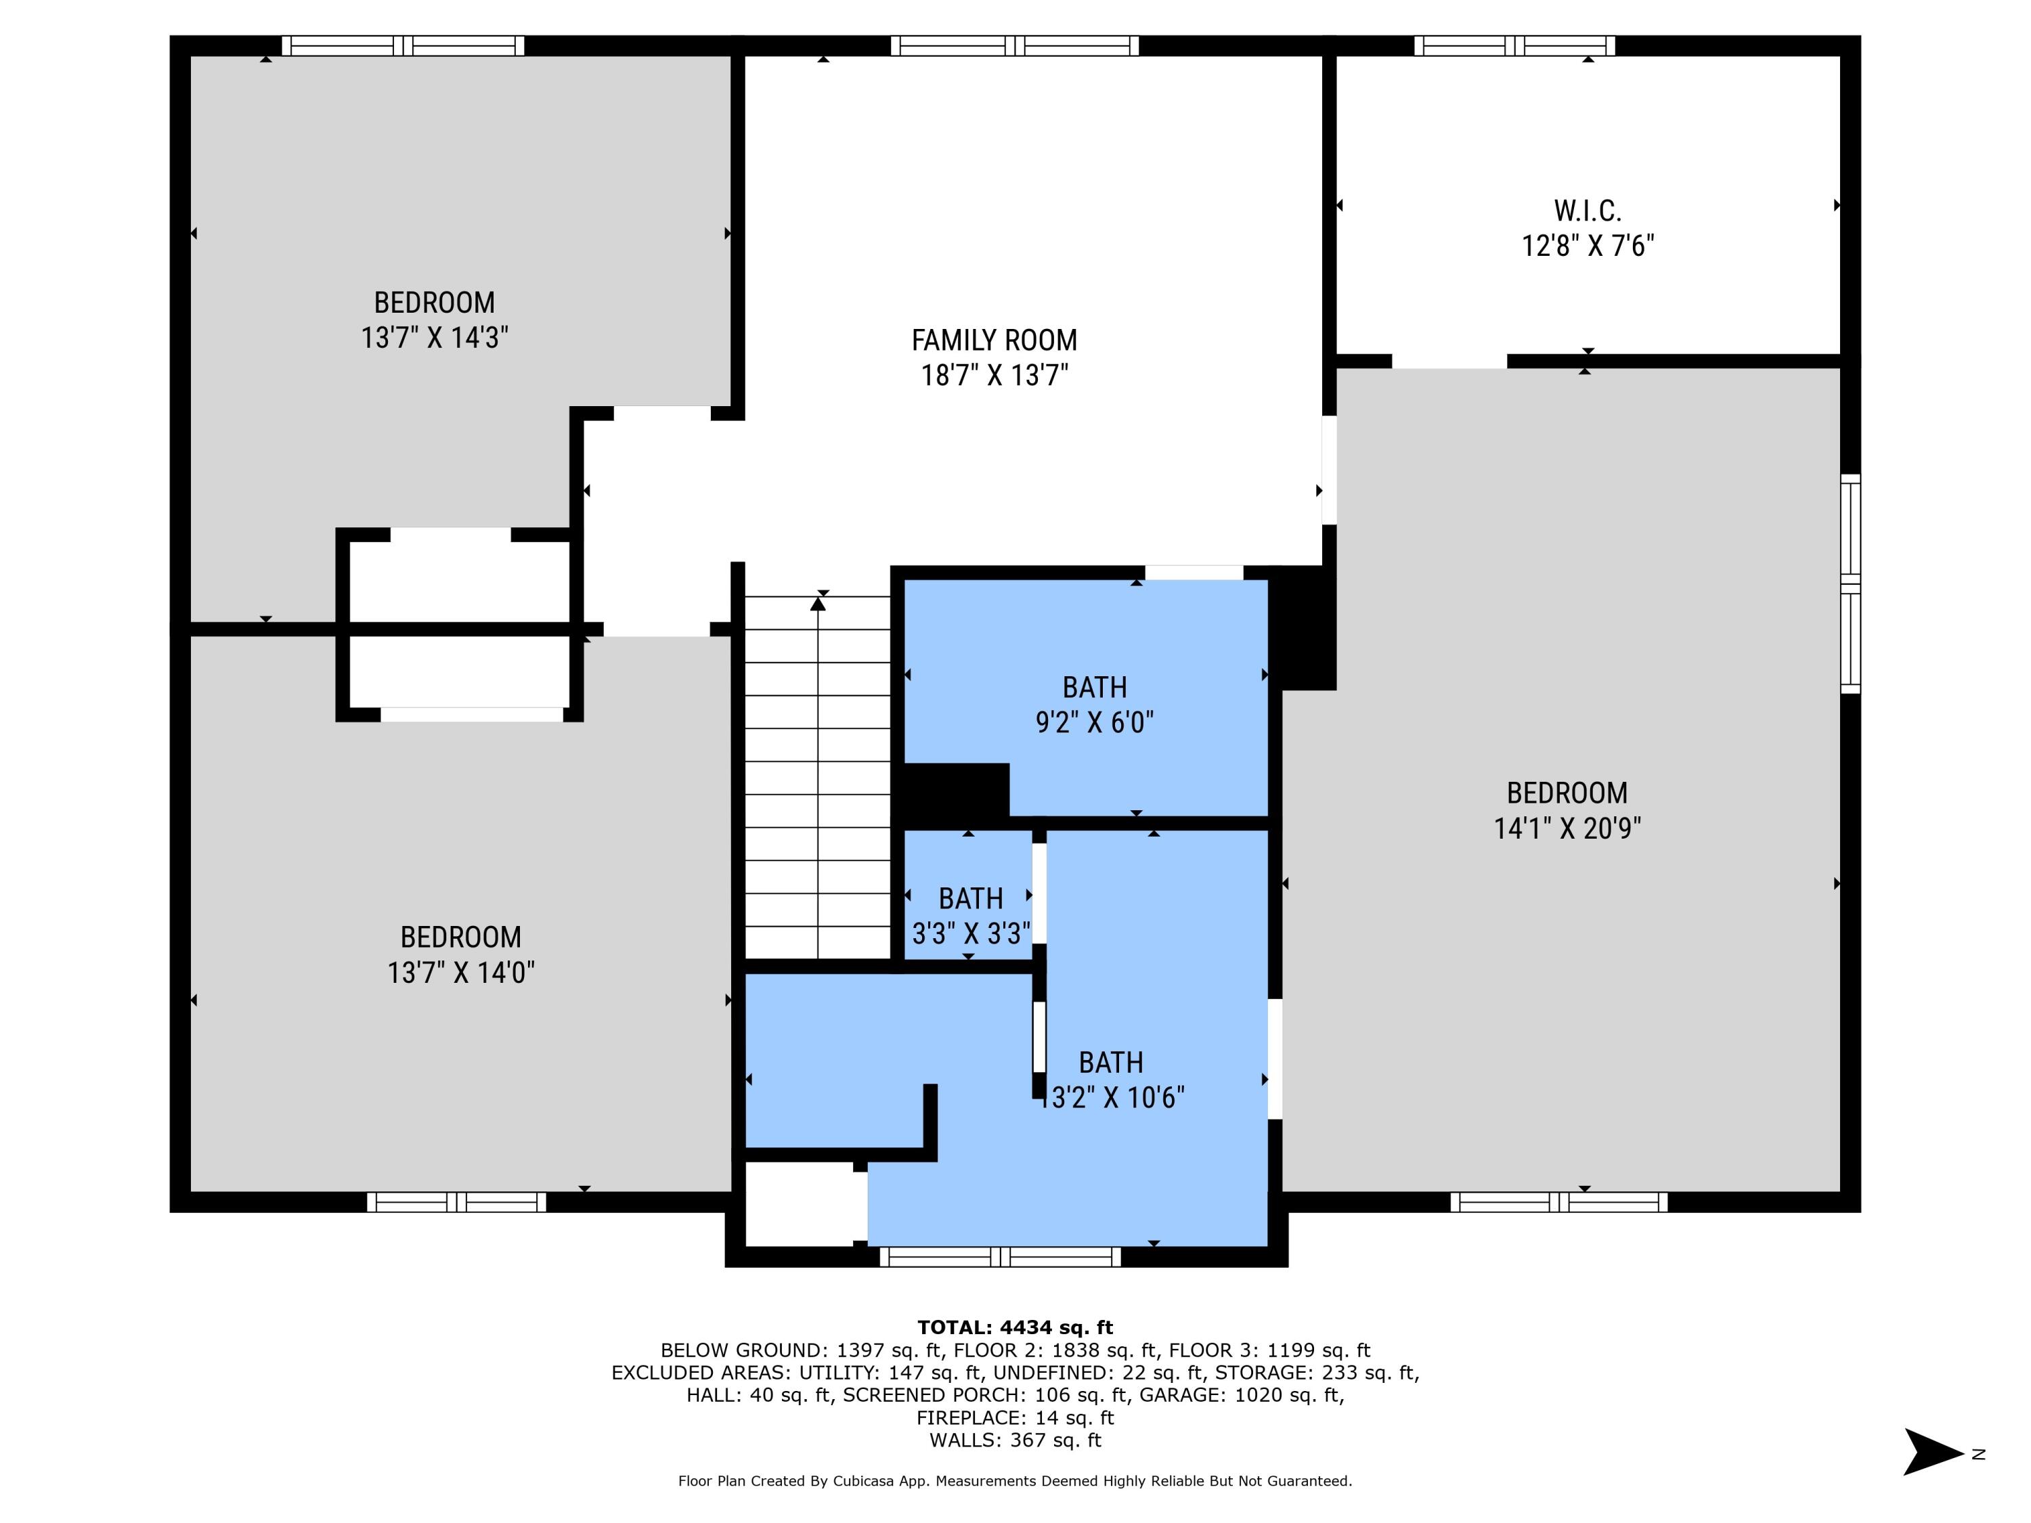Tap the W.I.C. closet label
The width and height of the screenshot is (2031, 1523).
(x=1588, y=211)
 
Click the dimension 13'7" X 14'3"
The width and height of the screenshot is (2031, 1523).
(x=435, y=338)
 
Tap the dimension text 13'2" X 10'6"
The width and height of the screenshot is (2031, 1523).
(x=1112, y=1098)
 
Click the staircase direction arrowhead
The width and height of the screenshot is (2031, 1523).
(x=818, y=603)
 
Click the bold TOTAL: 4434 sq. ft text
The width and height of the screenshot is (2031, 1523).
(x=1015, y=1327)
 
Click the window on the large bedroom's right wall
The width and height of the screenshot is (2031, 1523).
(x=1850, y=584)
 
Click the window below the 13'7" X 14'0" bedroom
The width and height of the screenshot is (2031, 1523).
(x=456, y=1201)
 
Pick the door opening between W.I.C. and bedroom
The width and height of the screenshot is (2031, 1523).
(x=1449, y=361)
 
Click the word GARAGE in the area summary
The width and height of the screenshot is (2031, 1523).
(x=1257, y=1395)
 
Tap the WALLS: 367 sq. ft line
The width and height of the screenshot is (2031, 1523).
(x=1015, y=1440)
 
